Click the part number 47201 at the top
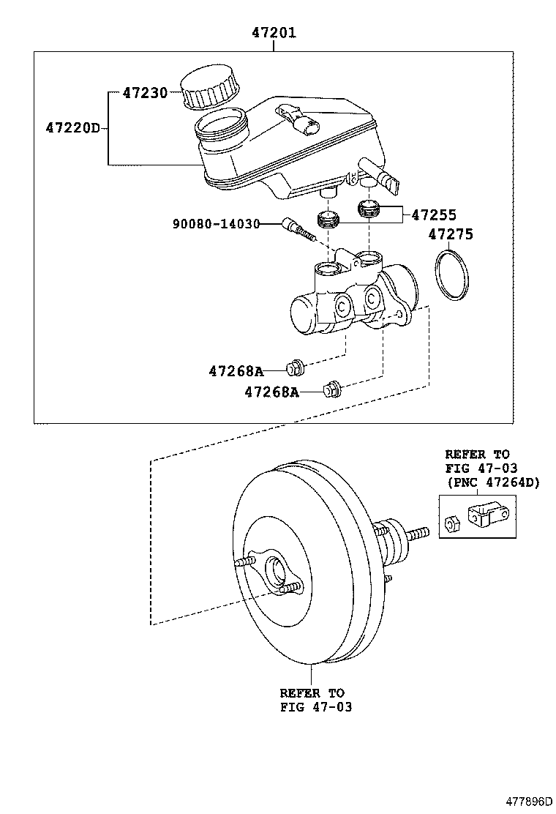pyautogui.click(x=274, y=33)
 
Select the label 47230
pyautogui.click(x=145, y=93)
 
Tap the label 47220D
pyautogui.click(x=72, y=128)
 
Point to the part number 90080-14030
pyautogui.click(x=216, y=223)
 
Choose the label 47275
pyautogui.click(x=450, y=235)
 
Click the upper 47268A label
pyautogui.click(x=236, y=371)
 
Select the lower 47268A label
pyautogui.click(x=271, y=392)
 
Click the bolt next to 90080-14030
pyautogui.click(x=298, y=229)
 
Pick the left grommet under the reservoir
pyautogui.click(x=326, y=218)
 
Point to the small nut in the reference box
pyautogui.click(x=451, y=523)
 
